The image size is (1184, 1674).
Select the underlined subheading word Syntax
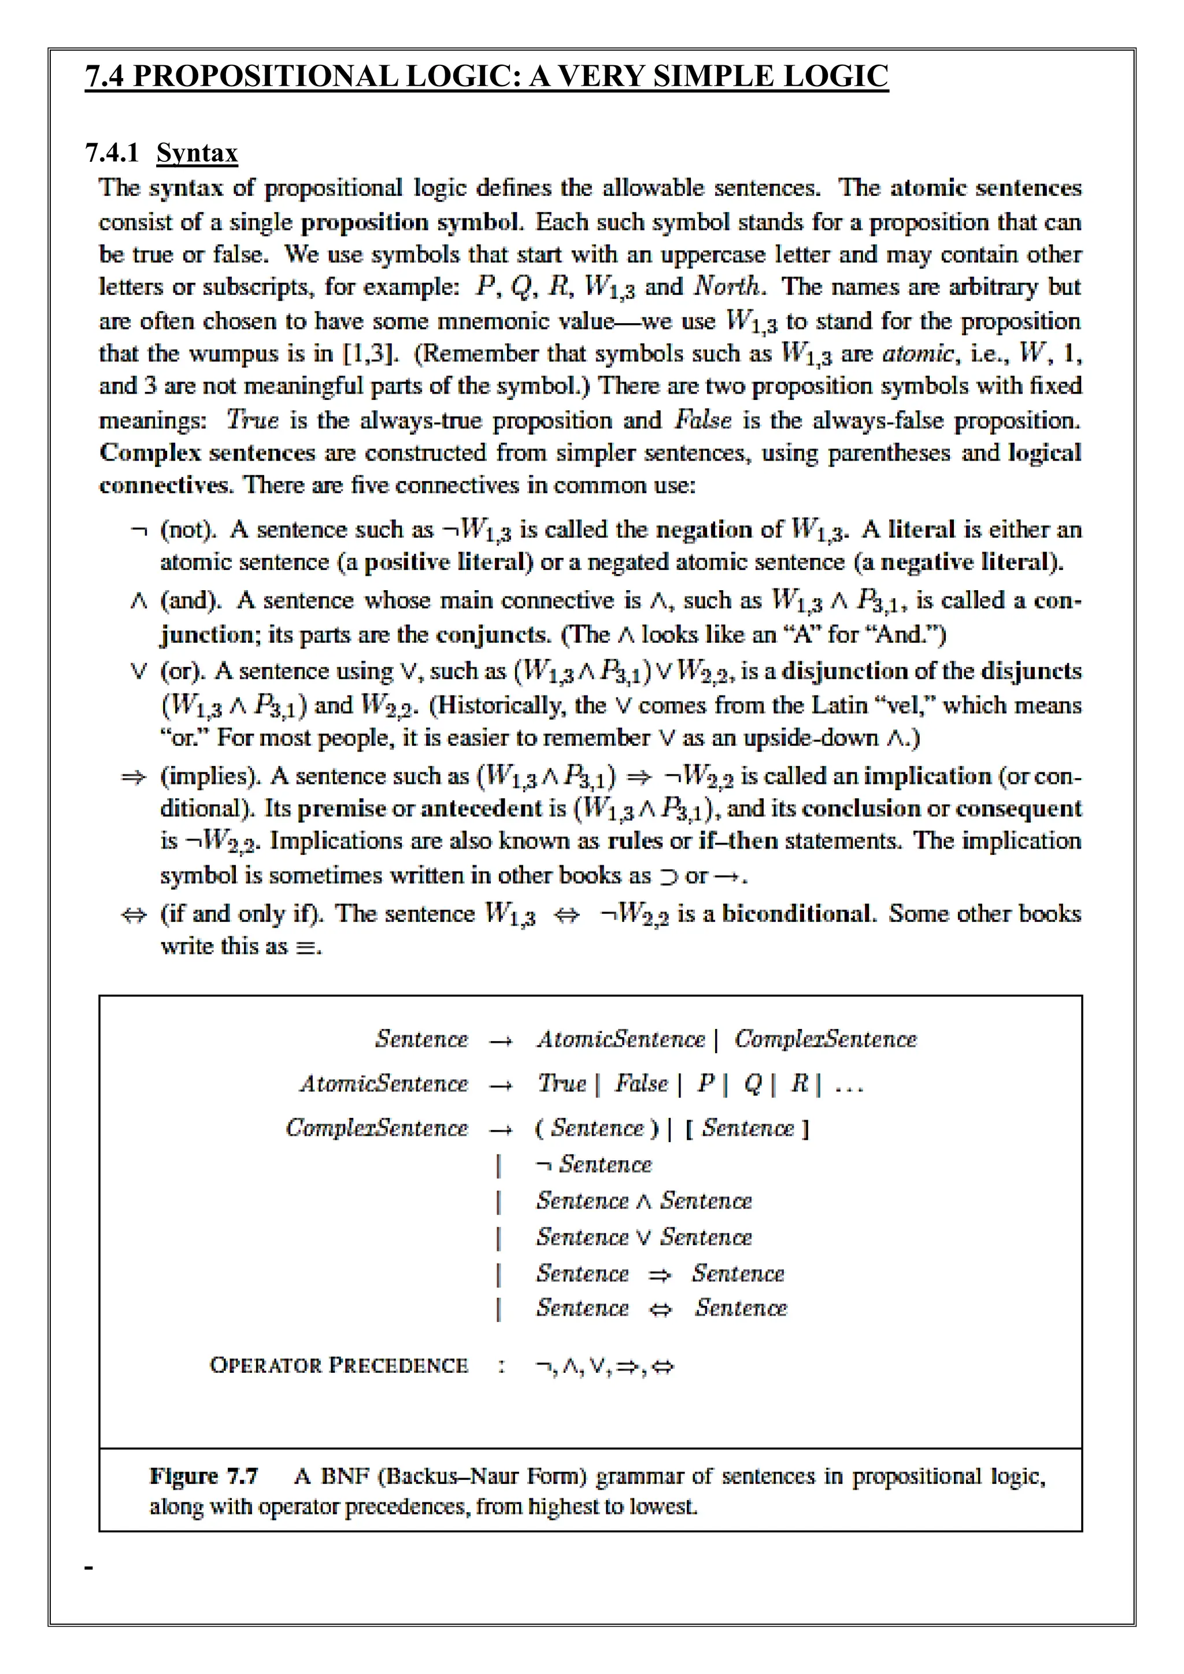(x=197, y=153)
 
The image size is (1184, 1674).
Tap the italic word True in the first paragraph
(x=252, y=420)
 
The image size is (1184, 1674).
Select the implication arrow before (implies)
(x=134, y=777)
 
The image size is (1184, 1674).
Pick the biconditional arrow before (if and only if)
(x=134, y=915)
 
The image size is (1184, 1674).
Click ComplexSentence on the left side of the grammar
(x=376, y=1128)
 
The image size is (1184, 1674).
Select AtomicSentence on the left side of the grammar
(x=383, y=1083)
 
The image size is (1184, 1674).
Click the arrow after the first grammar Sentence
(x=501, y=1040)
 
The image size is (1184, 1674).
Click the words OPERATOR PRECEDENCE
(x=338, y=1365)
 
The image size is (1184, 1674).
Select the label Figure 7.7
(x=203, y=1476)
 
